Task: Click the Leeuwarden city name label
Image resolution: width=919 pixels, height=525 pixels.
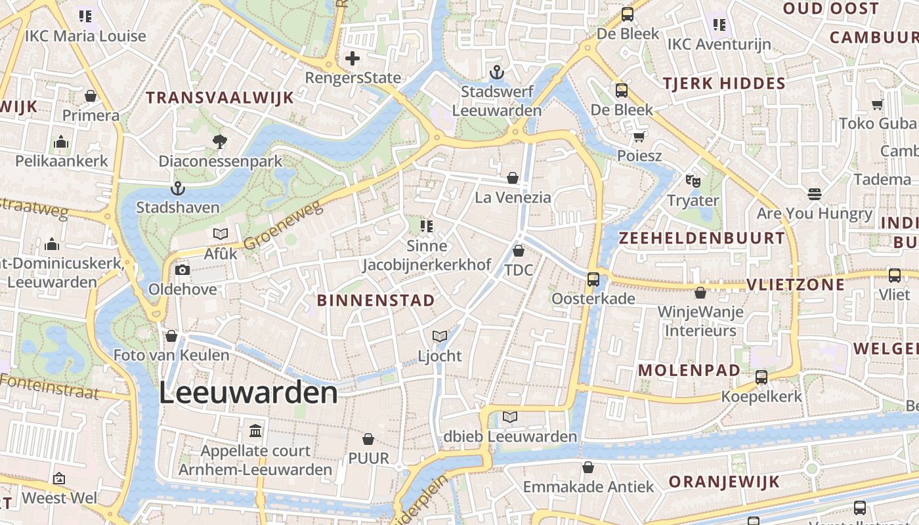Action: click(248, 393)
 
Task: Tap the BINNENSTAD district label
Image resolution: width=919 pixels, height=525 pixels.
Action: click(375, 301)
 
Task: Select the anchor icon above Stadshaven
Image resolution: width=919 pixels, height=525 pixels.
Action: click(177, 189)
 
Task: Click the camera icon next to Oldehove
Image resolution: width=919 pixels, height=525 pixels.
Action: click(182, 270)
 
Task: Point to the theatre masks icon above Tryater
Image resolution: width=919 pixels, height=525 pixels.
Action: click(693, 180)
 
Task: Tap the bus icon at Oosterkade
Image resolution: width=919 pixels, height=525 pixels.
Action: click(593, 280)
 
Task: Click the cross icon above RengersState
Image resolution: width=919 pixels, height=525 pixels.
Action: click(353, 58)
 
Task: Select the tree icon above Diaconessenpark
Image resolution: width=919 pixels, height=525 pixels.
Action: click(220, 141)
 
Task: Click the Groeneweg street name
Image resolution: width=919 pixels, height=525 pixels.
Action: click(284, 225)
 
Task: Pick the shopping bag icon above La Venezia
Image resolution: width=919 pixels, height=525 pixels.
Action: click(513, 178)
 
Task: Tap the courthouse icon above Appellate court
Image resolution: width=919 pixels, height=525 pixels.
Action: click(255, 431)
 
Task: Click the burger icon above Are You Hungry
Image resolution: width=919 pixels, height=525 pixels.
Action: click(814, 194)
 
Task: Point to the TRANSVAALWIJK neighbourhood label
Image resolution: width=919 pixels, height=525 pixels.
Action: click(219, 98)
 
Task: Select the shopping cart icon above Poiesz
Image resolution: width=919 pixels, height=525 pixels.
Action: click(639, 137)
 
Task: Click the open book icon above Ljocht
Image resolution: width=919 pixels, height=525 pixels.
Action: click(440, 337)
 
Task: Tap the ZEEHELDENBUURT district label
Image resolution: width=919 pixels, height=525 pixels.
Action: click(702, 238)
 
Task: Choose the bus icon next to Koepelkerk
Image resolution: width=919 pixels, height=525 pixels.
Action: click(761, 377)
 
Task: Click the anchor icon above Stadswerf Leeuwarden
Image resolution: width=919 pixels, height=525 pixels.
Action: click(497, 72)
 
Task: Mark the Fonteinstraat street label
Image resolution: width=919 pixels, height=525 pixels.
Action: click(49, 386)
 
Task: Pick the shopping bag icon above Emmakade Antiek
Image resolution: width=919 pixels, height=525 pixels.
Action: click(588, 467)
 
